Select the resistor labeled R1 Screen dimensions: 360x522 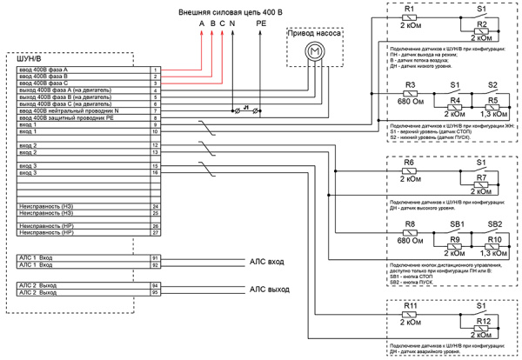pyautogui.click(x=410, y=17)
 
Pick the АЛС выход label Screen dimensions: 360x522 pyautogui.click(x=270, y=288)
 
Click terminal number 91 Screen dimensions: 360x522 pyautogui.click(x=155, y=258)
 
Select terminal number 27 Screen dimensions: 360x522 pyautogui.click(x=155, y=232)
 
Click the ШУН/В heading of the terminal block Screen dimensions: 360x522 pyautogui.click(x=29, y=58)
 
